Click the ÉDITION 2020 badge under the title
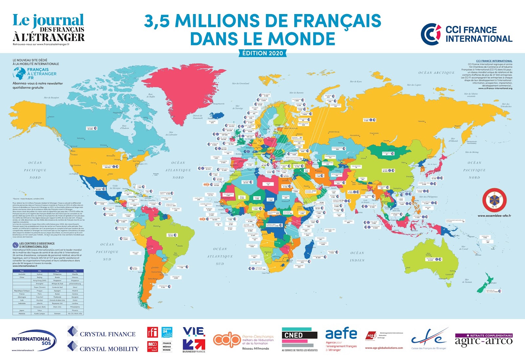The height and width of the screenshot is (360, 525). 262,53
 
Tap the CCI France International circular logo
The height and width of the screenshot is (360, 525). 431,34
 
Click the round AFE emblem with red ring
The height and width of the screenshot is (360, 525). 494,200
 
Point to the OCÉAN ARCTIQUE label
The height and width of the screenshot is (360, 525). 436,73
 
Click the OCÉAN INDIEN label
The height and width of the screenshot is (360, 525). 357,256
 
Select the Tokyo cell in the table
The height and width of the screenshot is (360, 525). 39,310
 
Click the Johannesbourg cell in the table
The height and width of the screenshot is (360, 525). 75,284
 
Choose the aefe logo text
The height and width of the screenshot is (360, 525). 341,334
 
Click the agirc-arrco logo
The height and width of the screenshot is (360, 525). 483,341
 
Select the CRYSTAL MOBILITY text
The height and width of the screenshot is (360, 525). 109,349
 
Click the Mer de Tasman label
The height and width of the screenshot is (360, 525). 468,281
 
